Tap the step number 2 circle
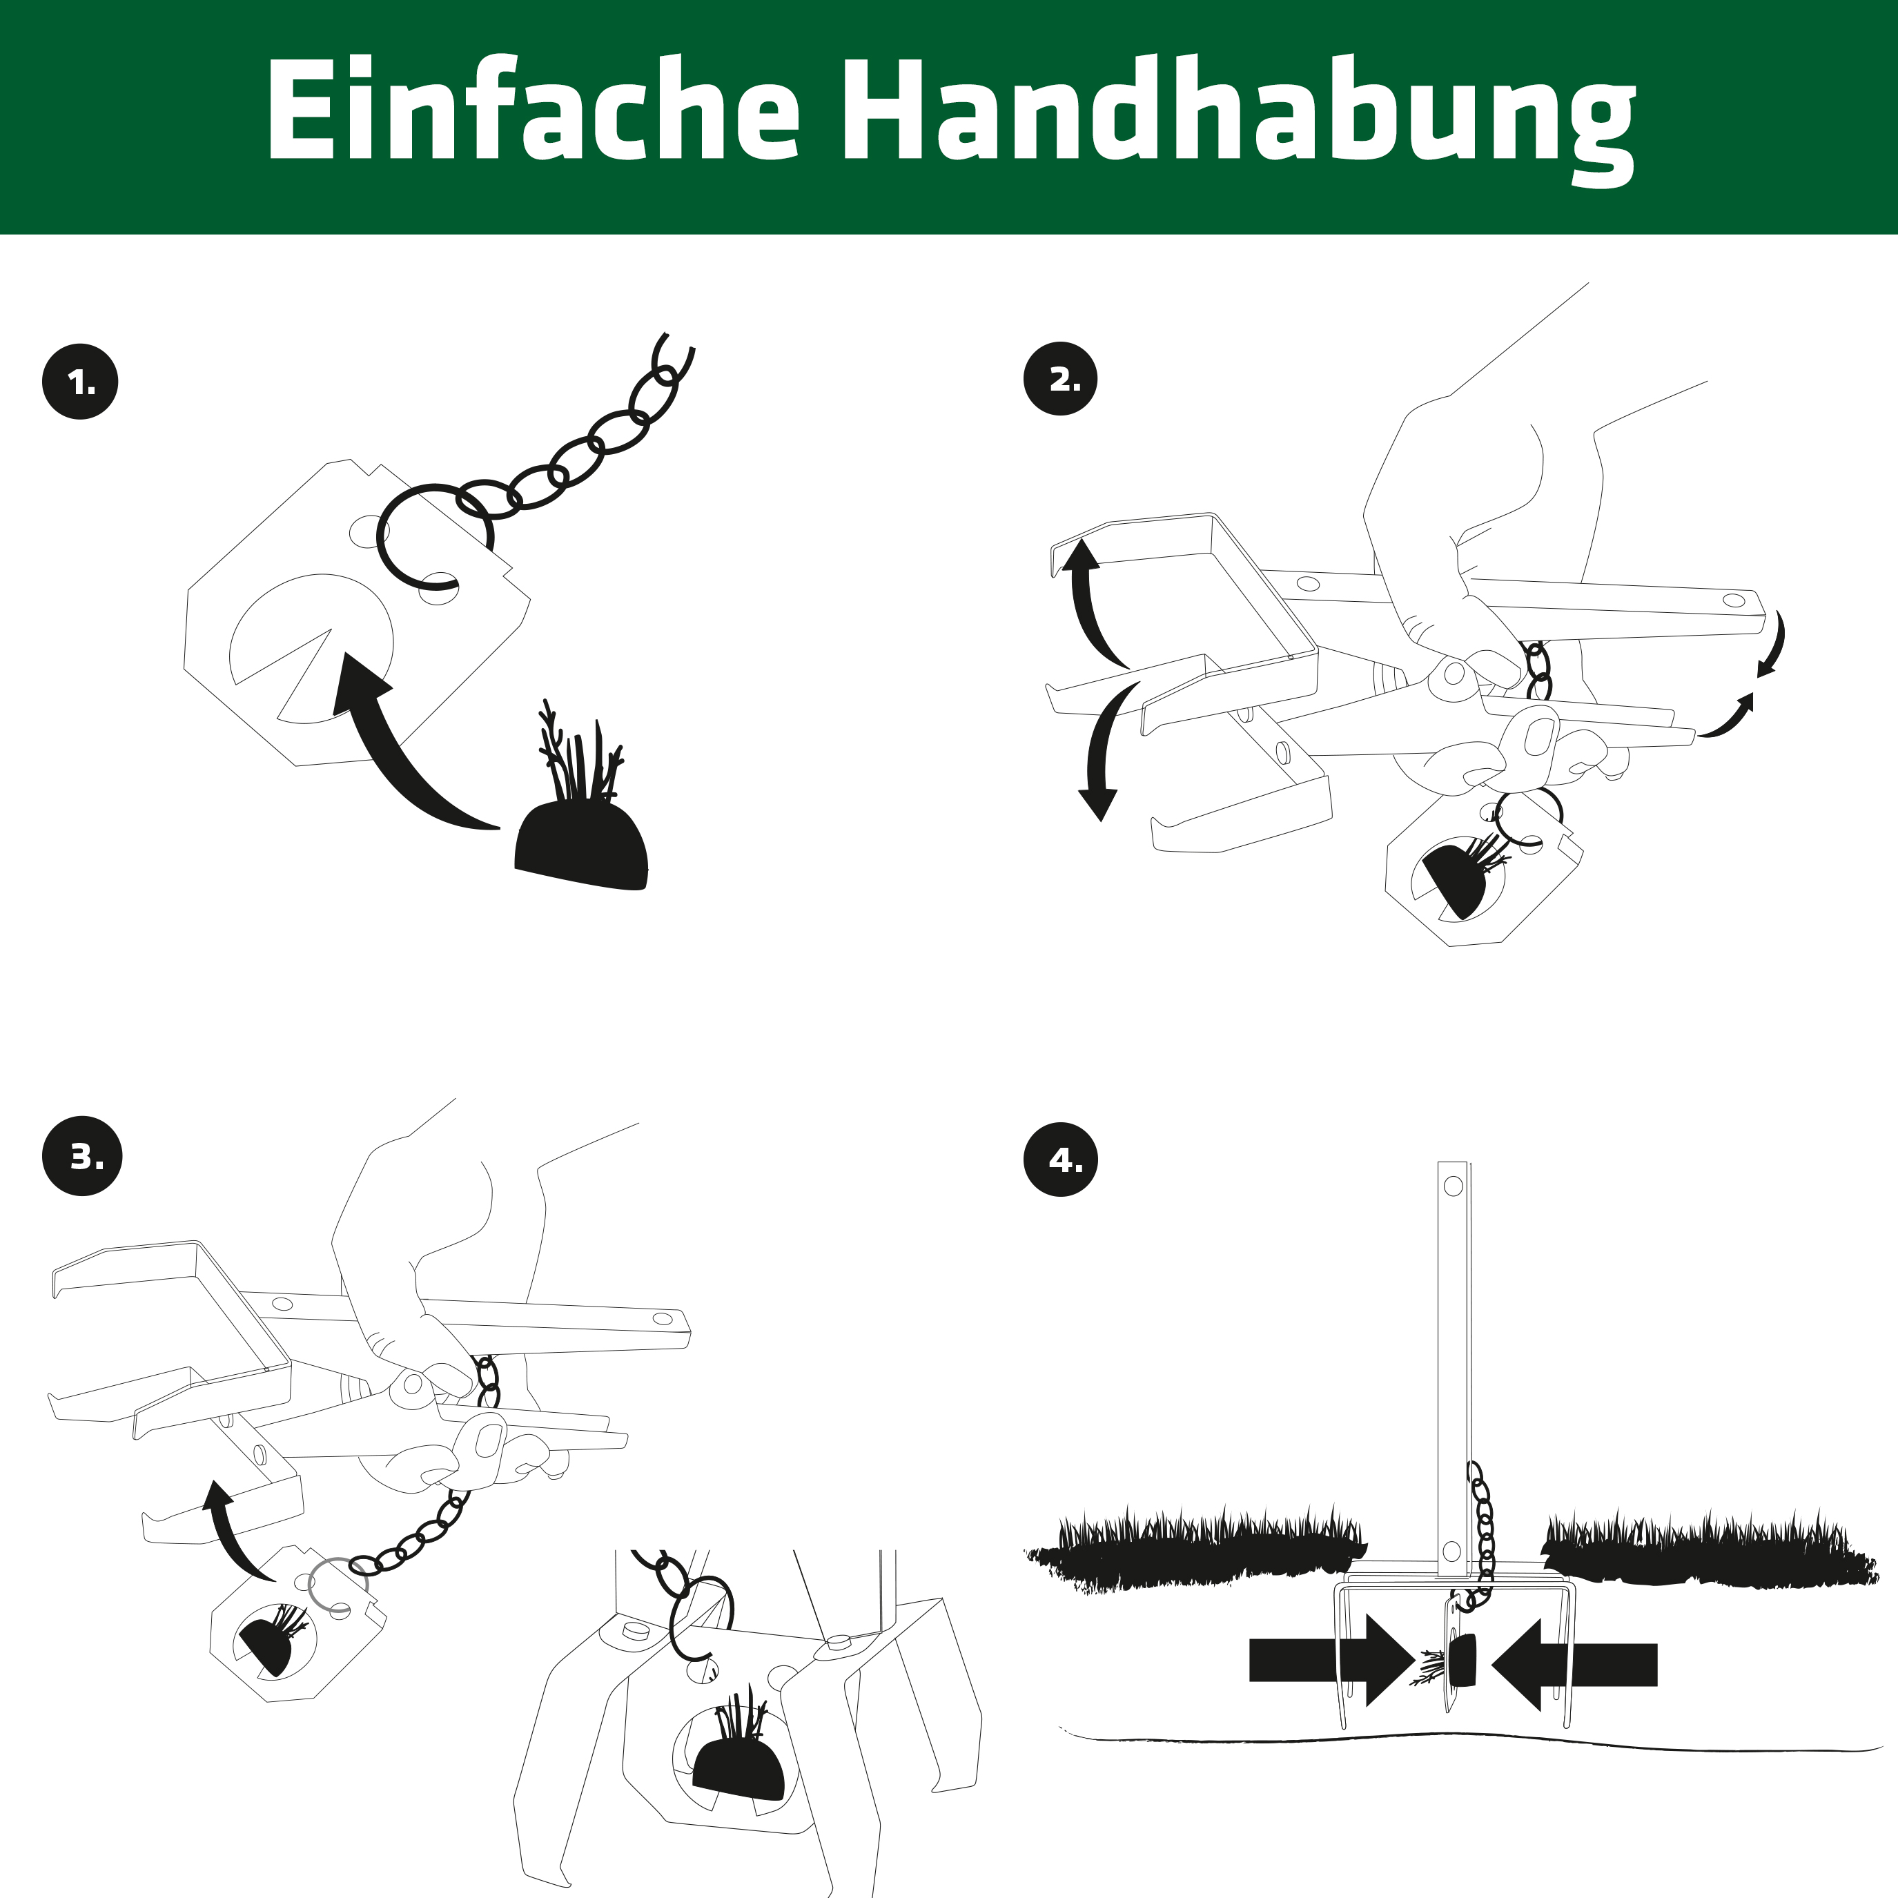tap(1061, 379)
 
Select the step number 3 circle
tap(83, 1156)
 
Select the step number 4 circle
tap(1061, 1160)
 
